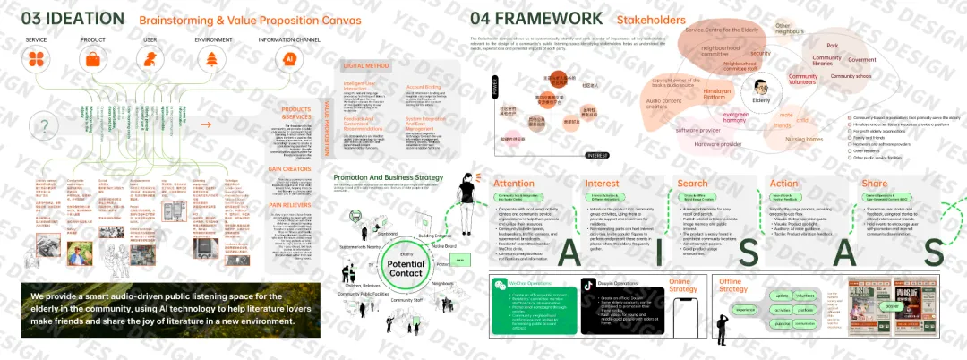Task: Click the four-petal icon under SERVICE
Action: (x=36, y=60)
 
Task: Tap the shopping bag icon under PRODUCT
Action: (x=91, y=60)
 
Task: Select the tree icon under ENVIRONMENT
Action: (x=212, y=60)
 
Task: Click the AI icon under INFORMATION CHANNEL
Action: (x=288, y=60)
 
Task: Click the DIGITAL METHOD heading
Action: (x=367, y=65)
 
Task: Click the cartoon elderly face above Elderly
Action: (x=760, y=88)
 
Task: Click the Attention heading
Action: (x=513, y=183)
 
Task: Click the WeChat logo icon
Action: (x=501, y=285)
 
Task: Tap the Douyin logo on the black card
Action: (x=588, y=285)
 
